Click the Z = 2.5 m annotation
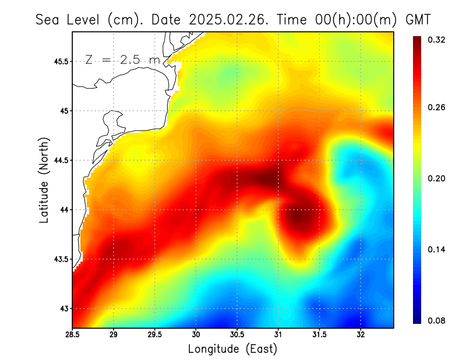[x=122, y=59]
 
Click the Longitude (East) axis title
[x=232, y=349]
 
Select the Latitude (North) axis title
[x=44, y=180]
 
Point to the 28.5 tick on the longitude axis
[x=73, y=334]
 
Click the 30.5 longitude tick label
[x=237, y=334]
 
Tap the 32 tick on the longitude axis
[x=361, y=334]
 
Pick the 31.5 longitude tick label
[x=319, y=334]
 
